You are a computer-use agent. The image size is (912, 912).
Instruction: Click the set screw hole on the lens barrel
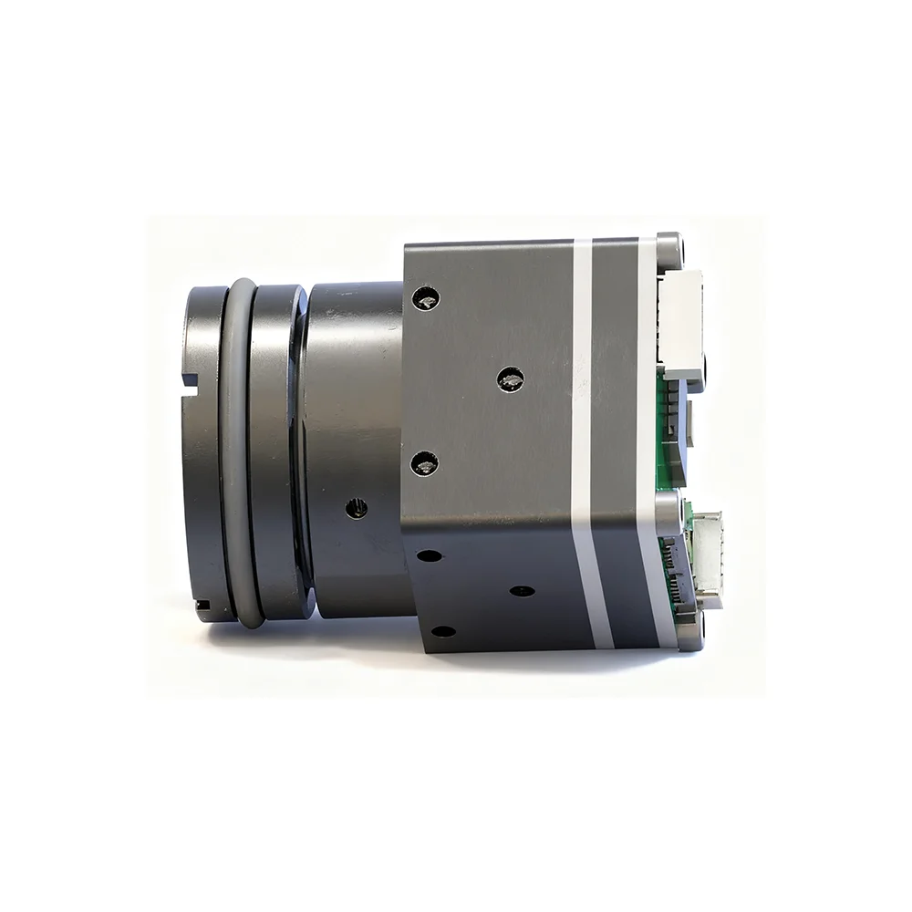point(357,508)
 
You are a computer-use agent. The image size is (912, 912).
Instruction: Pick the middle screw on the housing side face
point(511,378)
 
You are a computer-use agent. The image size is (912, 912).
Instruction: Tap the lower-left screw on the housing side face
point(425,463)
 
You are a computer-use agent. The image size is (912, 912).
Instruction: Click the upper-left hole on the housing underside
point(429,554)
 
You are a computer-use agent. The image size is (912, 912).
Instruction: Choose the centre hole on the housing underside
point(522,591)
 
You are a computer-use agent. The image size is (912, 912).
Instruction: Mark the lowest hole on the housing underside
point(443,631)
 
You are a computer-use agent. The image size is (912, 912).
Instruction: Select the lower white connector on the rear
point(708,556)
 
